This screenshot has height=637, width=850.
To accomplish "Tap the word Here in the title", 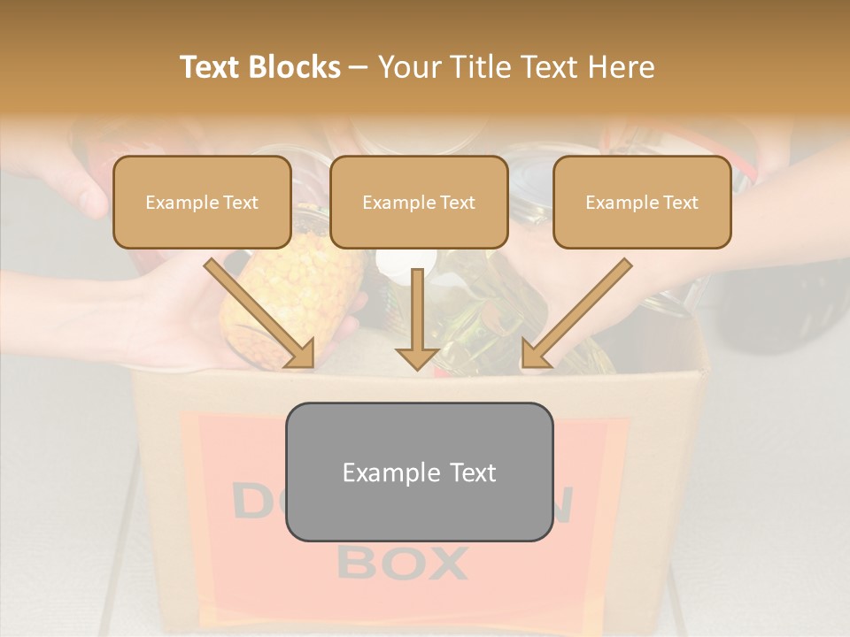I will [622, 67].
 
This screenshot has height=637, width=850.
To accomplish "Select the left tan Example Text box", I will [202, 203].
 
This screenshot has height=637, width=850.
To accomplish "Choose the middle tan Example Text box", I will [419, 203].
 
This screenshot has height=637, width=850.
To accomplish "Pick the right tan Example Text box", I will [642, 203].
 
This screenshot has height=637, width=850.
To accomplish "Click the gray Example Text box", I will [419, 472].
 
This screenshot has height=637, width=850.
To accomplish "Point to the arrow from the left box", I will [260, 315].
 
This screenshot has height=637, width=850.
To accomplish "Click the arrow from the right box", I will [576, 315].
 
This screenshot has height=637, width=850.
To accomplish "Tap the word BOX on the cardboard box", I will [403, 563].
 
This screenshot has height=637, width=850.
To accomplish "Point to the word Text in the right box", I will [680, 203].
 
